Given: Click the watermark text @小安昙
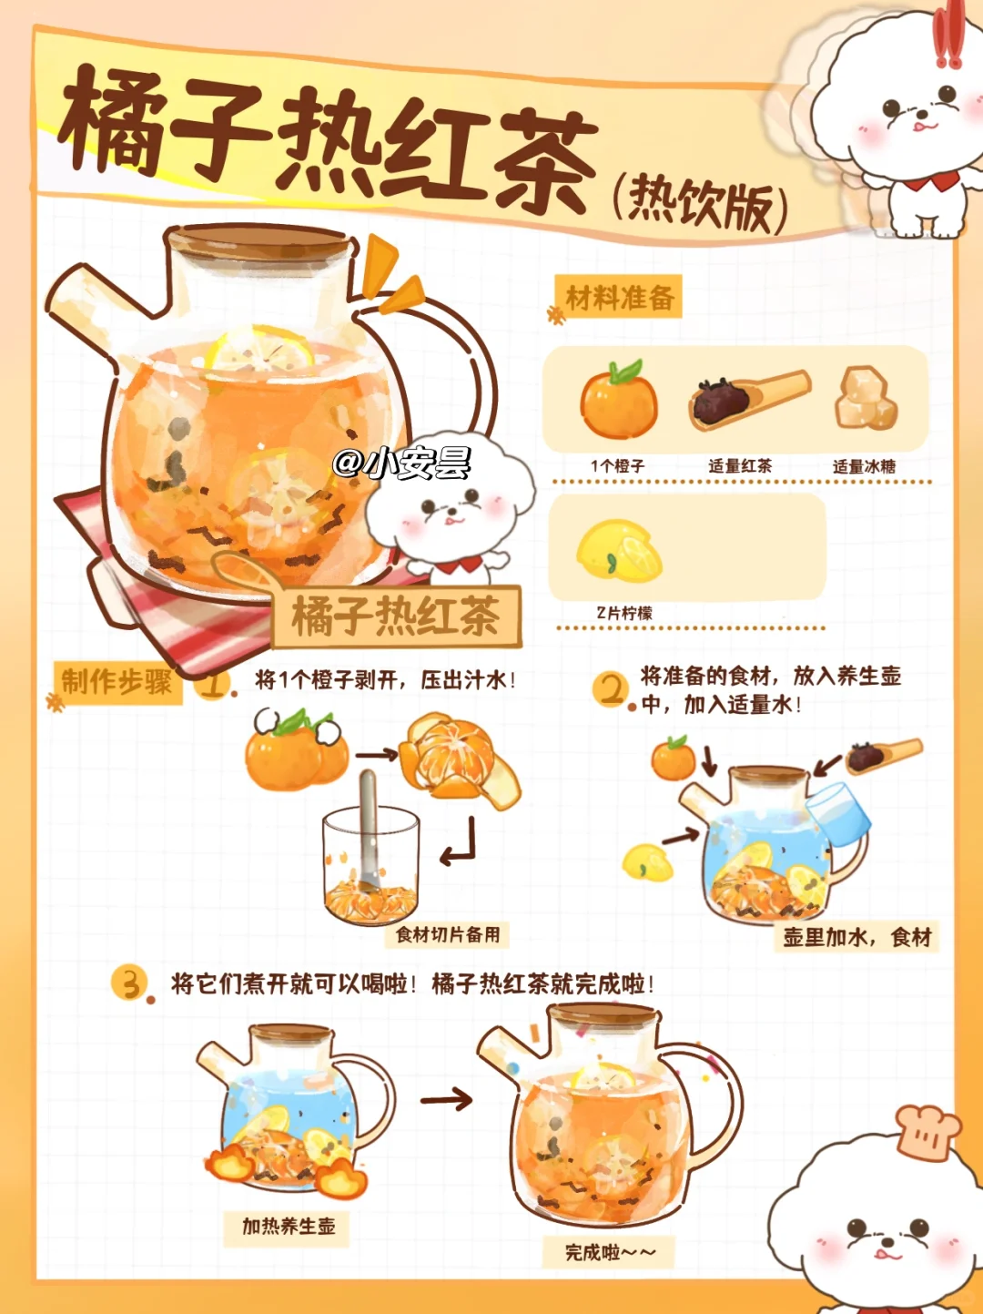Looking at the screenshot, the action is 402,463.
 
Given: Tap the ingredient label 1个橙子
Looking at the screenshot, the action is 618,466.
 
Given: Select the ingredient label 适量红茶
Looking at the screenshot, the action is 740,466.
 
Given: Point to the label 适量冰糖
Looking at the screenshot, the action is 864,467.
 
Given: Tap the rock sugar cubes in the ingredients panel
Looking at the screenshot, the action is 866,398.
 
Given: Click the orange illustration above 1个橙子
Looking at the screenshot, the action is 619,399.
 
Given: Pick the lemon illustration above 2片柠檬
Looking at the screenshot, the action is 619,550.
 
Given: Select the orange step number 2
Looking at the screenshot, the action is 611,689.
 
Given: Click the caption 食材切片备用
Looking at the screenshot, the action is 448,934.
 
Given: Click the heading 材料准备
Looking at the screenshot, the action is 621,298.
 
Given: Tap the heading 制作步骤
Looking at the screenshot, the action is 117,682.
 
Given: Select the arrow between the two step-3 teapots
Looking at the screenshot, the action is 446,1100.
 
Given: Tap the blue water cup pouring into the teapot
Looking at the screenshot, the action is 838,814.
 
